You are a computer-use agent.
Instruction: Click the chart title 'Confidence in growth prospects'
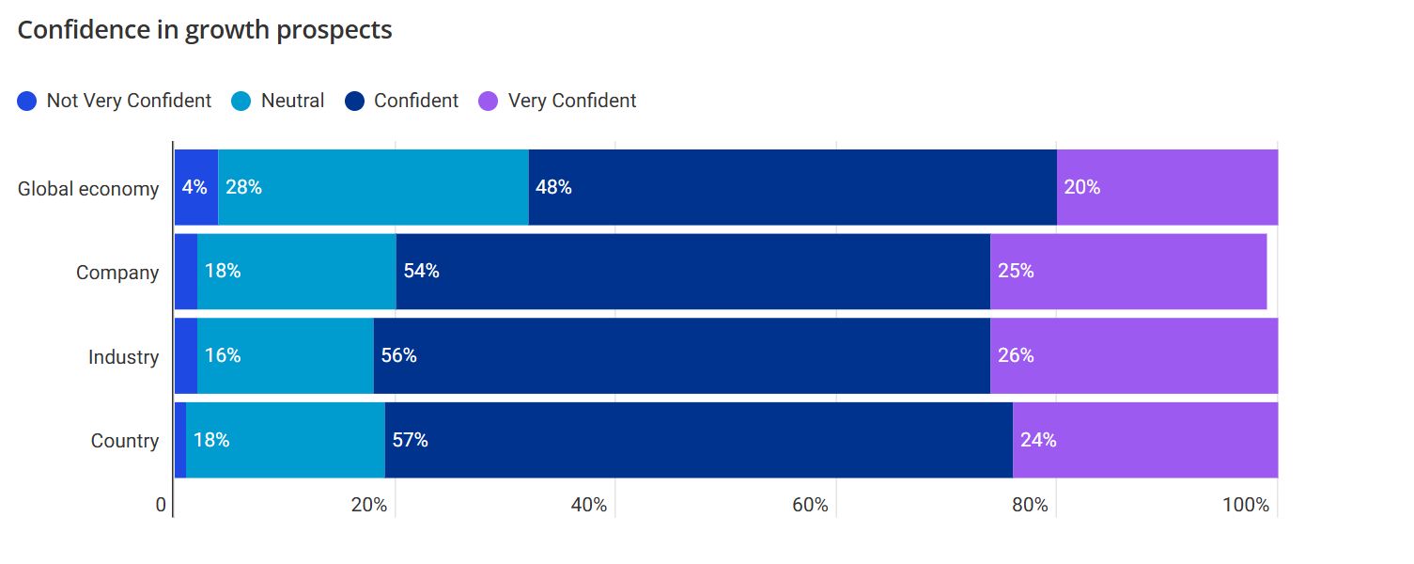click(205, 30)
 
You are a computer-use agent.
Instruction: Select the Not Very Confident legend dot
click(27, 101)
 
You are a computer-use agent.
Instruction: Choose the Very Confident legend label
click(571, 101)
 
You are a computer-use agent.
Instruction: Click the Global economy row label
click(88, 189)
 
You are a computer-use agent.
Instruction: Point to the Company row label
click(117, 273)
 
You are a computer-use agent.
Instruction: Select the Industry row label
click(123, 357)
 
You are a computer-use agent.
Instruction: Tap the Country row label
click(125, 441)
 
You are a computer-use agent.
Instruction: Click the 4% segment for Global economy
click(195, 187)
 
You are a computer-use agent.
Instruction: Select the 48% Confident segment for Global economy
click(792, 187)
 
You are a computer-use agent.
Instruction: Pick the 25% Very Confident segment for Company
click(1127, 272)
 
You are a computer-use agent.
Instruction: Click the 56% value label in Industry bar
click(398, 355)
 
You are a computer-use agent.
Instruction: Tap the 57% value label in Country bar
click(410, 440)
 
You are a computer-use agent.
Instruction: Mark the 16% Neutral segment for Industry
click(286, 355)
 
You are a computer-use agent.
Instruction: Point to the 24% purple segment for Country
click(1144, 440)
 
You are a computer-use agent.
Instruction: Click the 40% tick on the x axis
click(589, 506)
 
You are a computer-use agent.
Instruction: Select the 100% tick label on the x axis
click(1246, 506)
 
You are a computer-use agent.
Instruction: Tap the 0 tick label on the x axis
click(161, 506)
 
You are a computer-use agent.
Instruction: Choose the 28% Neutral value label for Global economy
click(243, 187)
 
